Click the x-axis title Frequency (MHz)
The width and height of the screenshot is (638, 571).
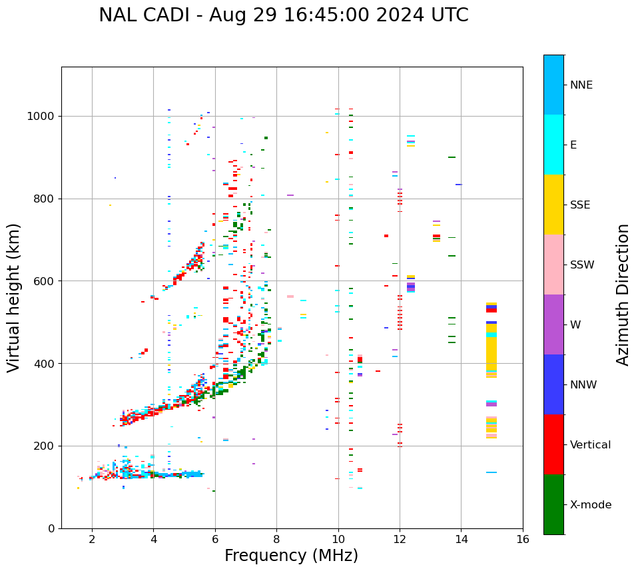[291, 556]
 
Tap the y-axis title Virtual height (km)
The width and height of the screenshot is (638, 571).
[14, 297]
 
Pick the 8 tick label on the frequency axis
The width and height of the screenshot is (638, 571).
[276, 539]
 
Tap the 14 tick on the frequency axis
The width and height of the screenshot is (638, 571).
[461, 539]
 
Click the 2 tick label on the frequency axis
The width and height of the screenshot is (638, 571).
[92, 539]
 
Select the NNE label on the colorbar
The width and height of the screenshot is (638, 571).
[581, 85]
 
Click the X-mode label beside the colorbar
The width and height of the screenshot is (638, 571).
[590, 505]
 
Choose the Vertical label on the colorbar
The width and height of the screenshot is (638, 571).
[590, 445]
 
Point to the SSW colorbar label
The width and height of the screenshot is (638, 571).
[582, 265]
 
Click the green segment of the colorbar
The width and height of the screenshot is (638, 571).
[553, 504]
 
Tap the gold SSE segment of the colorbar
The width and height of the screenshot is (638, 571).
[553, 205]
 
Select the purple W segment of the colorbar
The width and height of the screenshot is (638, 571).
[553, 324]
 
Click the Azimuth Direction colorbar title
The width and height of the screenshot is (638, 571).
[623, 294]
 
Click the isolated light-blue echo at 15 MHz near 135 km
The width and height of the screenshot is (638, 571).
[491, 472]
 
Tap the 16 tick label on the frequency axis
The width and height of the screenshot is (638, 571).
[523, 539]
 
